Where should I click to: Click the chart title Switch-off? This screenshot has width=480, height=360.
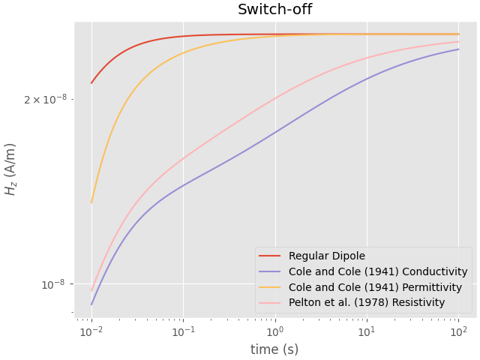click(x=274, y=10)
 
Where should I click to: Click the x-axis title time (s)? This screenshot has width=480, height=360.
click(x=274, y=349)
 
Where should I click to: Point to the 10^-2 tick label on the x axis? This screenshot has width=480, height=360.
click(x=91, y=331)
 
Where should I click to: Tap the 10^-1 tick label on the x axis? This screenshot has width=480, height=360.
click(x=183, y=331)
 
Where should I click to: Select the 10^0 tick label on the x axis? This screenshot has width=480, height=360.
click(x=274, y=331)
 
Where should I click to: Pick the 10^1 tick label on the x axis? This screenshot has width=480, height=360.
click(x=366, y=331)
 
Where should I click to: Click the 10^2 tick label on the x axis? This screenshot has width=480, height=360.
click(x=457, y=331)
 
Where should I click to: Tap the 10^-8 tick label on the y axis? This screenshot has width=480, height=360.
click(x=54, y=284)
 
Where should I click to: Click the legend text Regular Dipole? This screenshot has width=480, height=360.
click(x=327, y=256)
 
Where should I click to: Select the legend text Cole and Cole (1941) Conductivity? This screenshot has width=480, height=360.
click(x=378, y=271)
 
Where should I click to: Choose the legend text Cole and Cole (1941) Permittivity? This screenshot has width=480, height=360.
click(x=377, y=287)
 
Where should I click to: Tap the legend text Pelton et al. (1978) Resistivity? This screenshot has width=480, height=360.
click(x=367, y=302)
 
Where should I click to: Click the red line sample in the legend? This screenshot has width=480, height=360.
click(x=271, y=256)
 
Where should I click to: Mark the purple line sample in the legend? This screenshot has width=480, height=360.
click(x=271, y=271)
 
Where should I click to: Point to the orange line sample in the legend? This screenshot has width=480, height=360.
click(x=271, y=287)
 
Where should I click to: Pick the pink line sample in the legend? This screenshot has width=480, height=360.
click(x=271, y=303)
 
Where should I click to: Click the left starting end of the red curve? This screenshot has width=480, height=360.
click(x=91, y=83)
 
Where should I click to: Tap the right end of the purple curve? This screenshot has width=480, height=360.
click(x=458, y=49)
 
